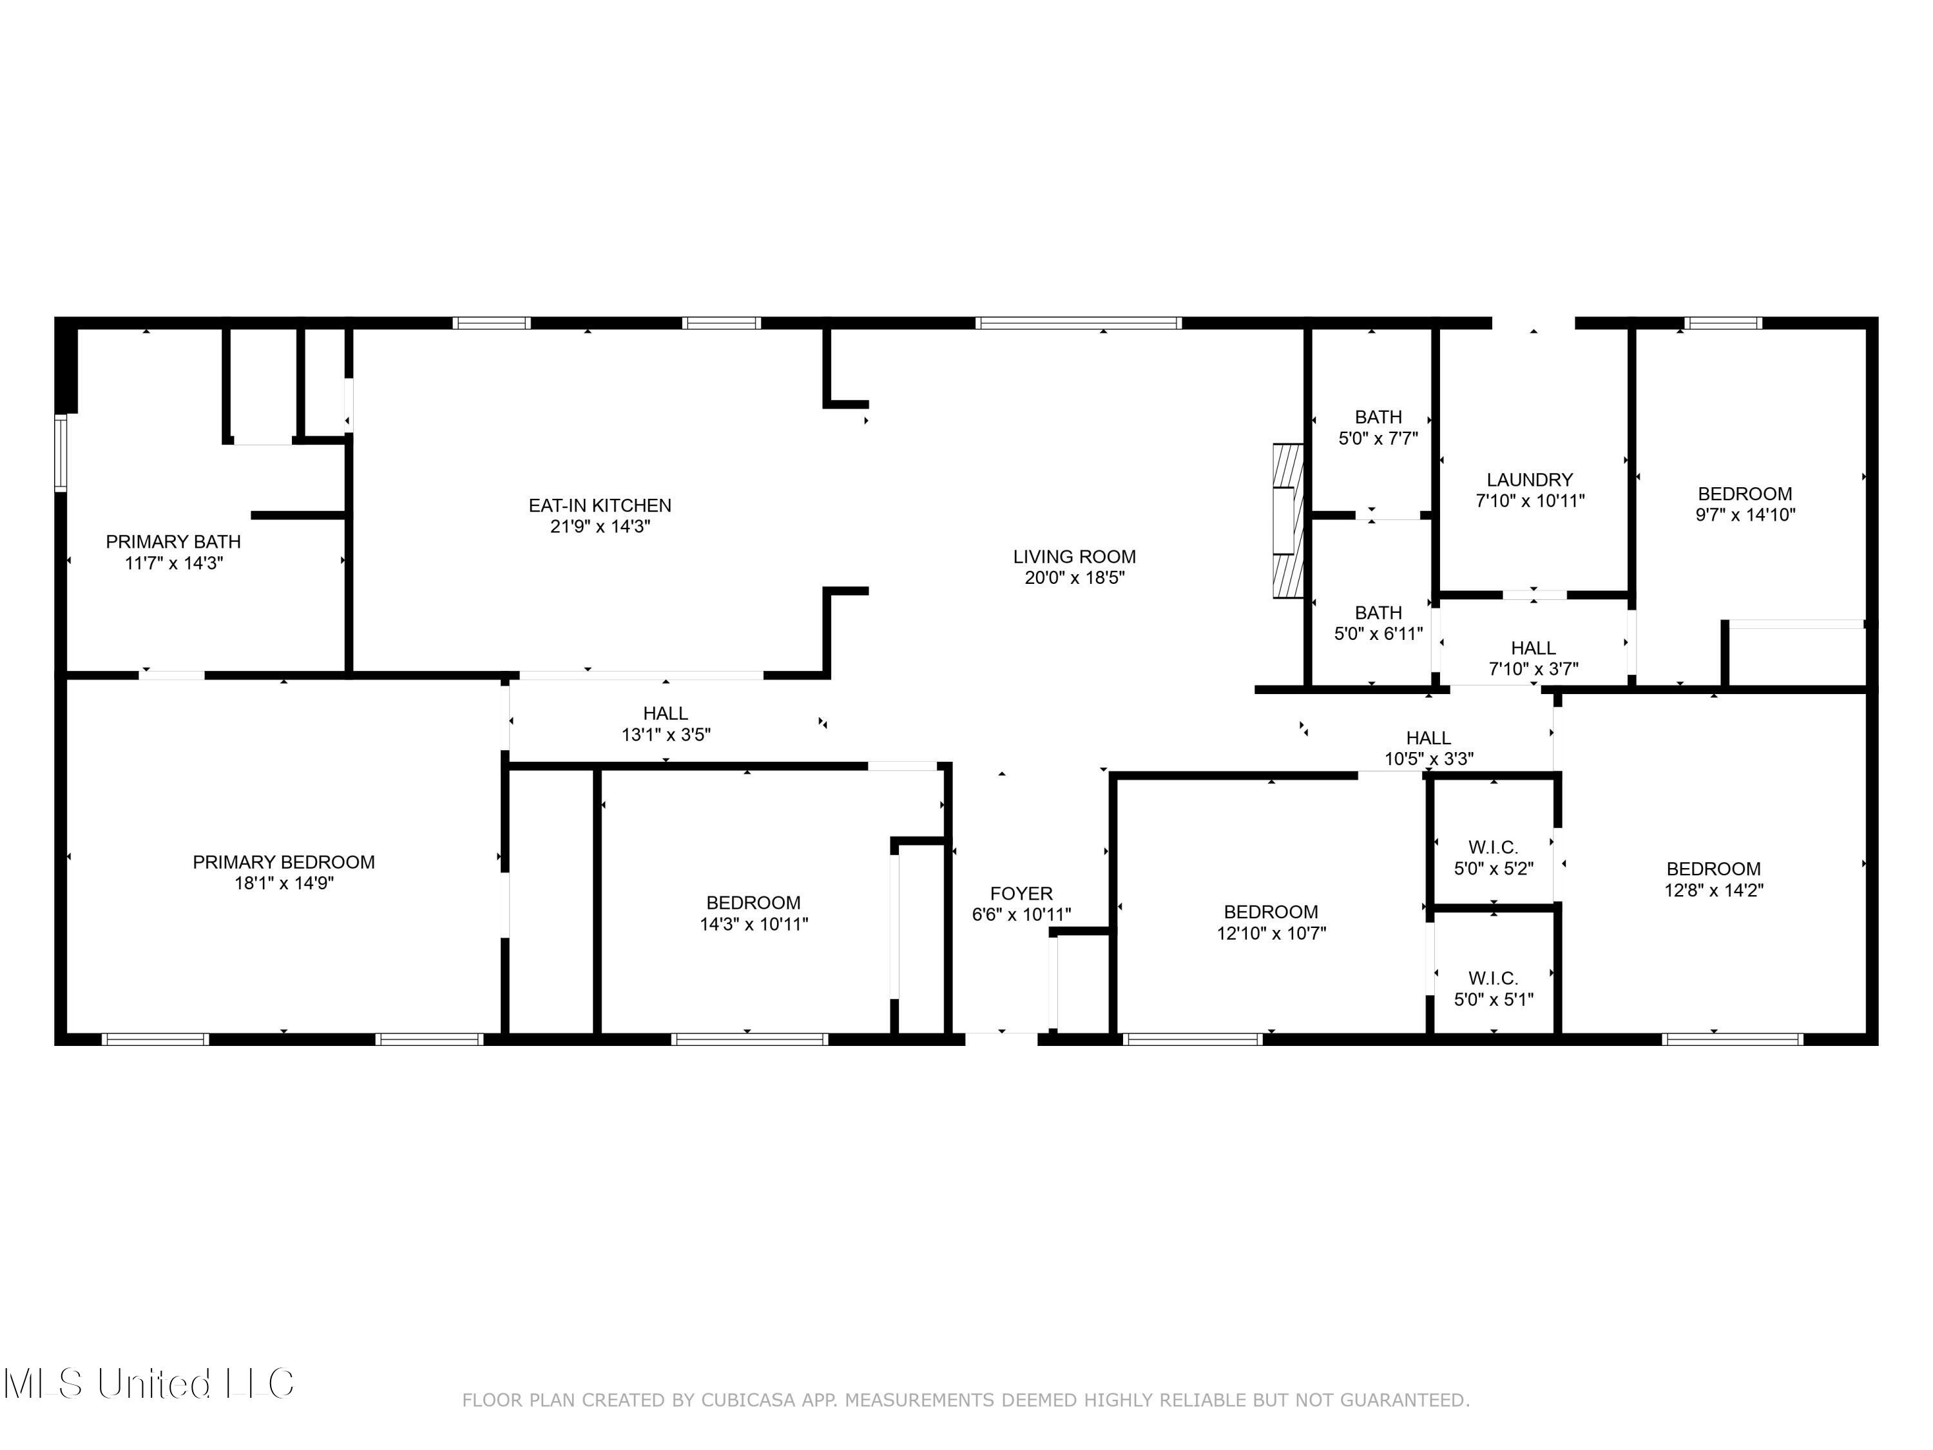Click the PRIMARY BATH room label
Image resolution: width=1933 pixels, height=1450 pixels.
pos(173,542)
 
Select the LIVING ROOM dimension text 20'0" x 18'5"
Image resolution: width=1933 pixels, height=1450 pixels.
pos(1074,577)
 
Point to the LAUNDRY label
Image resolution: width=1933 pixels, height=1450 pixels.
pos(1529,480)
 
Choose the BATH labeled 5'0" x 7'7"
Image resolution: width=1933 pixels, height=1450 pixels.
pos(1378,427)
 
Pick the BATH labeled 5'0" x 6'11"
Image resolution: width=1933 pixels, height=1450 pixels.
pos(1378,623)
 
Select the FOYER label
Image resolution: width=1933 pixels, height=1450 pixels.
pos(1021,893)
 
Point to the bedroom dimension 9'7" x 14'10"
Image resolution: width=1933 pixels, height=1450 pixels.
pos(1744,515)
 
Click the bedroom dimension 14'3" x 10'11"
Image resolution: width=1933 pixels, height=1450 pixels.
pos(753,924)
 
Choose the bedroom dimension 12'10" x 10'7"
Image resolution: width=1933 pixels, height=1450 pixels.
pos(1271,933)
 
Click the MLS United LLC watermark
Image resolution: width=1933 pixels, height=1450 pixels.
pos(149,1383)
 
